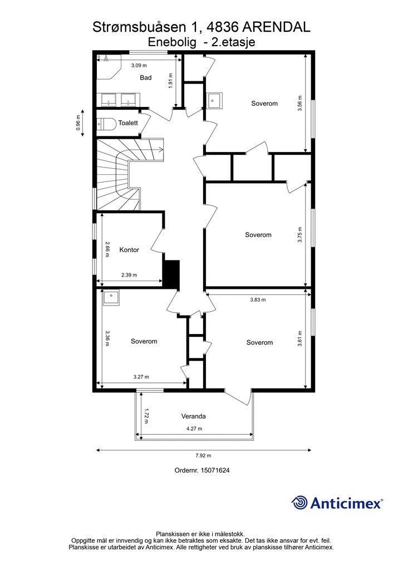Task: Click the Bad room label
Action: [x=146, y=77]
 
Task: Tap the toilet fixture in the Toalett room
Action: [x=106, y=124]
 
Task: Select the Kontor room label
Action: [x=129, y=250]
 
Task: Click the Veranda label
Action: [x=194, y=416]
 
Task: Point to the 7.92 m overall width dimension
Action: [x=204, y=455]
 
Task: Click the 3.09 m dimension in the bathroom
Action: [x=139, y=66]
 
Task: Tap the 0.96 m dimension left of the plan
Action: [x=78, y=123]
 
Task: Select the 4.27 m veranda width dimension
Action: [x=194, y=429]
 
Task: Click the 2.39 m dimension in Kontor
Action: [x=129, y=275]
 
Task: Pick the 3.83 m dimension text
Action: [x=258, y=300]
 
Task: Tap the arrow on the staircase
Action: [x=160, y=148]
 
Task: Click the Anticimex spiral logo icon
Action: [x=299, y=503]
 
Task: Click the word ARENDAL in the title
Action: [x=276, y=27]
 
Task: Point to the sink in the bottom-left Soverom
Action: [x=111, y=298]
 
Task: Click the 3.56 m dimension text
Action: [x=300, y=103]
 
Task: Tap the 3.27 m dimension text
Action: [x=141, y=377]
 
